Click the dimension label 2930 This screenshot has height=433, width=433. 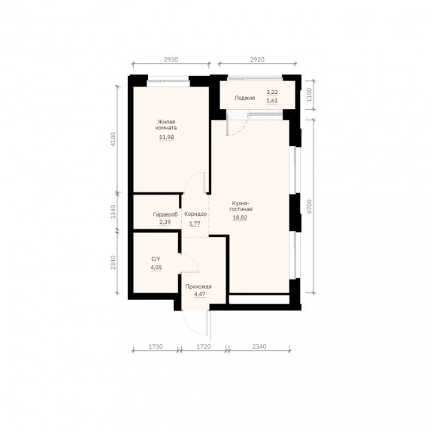[x=171, y=59]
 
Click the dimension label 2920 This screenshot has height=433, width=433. [x=257, y=59]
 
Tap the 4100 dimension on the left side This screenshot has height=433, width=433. [x=114, y=140]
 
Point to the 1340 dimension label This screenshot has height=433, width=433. [x=114, y=212]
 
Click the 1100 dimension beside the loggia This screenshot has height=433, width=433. [x=309, y=95]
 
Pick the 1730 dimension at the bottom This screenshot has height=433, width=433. [x=156, y=347]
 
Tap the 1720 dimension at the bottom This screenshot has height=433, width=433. [x=204, y=347]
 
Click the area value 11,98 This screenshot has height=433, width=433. [x=167, y=137]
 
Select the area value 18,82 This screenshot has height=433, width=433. [x=240, y=217]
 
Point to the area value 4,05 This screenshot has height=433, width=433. [x=156, y=268]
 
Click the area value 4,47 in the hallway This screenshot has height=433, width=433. [x=200, y=294]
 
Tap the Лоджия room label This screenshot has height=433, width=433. [x=244, y=98]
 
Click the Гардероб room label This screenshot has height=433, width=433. [x=165, y=214]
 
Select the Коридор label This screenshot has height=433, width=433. [x=195, y=214]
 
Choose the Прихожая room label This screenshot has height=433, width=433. [x=198, y=286]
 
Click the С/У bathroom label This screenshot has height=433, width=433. [x=156, y=259]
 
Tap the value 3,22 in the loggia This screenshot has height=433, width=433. [x=272, y=92]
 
